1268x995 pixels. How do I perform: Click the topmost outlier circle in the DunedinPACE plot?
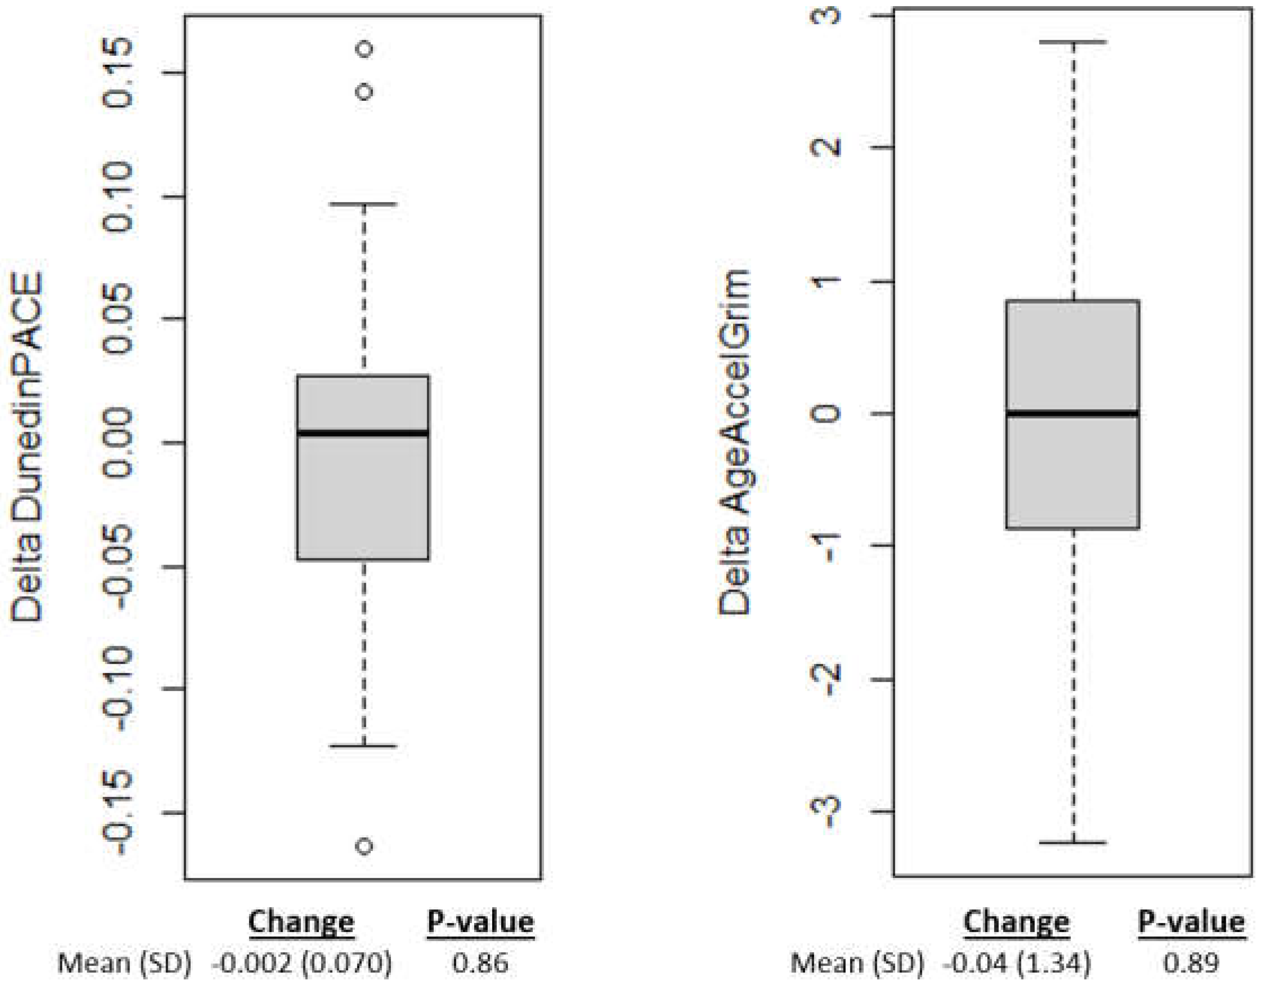pos(365,48)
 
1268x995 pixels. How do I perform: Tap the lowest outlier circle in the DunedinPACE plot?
pos(365,846)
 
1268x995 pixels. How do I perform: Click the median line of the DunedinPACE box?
pos(363,433)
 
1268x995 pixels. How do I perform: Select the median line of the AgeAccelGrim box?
pos(1072,414)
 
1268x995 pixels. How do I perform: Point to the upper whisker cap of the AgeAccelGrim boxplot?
pos(1072,42)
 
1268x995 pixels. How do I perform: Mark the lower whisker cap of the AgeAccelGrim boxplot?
pos(1072,842)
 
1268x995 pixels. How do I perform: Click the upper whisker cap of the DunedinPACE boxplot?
pos(363,204)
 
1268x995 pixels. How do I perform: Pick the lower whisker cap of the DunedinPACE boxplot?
pos(363,746)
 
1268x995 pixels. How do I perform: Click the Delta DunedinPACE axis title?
pos(28,447)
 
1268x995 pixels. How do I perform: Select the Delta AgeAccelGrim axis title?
pos(735,443)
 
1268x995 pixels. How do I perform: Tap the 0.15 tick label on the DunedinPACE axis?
pos(118,73)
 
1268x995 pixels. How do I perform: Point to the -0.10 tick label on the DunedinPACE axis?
pos(118,689)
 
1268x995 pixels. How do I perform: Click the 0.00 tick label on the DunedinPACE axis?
pos(118,443)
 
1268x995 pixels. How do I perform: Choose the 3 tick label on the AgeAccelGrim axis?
pos(827,15)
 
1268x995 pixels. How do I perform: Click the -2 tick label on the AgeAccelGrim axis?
pos(827,679)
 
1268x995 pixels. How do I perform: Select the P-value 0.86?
pos(480,963)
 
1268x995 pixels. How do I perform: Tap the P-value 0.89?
pos(1190,963)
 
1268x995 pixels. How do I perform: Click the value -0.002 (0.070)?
pos(302,963)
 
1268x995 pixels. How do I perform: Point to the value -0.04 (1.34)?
pos(1017,963)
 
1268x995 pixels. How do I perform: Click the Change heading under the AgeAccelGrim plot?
pos(1016,922)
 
